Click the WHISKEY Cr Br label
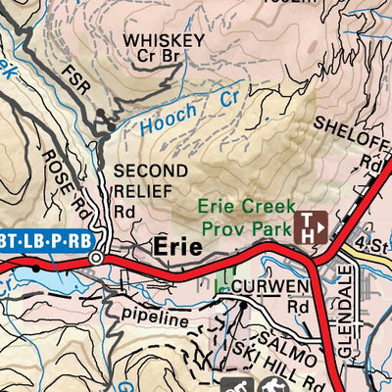[165, 49]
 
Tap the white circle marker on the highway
[95, 258]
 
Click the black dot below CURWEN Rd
[244, 305]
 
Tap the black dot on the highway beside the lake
[37, 266]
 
